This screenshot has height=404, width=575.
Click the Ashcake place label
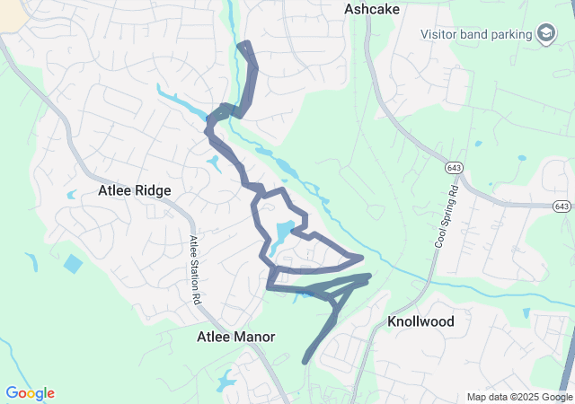coord(371,9)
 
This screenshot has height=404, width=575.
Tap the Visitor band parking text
coord(477,35)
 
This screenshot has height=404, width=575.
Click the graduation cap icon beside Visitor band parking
coord(545,35)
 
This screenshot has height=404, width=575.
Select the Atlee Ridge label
coord(134,190)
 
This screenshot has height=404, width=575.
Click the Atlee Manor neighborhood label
coord(235,337)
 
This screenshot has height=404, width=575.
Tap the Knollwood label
coord(420,321)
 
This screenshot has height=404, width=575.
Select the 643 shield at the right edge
coord(562,206)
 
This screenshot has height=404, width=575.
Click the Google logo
coord(30,393)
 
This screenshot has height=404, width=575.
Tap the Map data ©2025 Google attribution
coord(518,397)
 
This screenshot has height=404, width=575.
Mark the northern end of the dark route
coord(242,43)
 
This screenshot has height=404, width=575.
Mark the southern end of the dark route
coord(305,362)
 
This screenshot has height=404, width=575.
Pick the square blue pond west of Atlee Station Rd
coord(73,264)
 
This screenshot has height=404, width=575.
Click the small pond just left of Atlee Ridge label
coord(72,194)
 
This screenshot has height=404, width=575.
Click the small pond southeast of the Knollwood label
coord(526,312)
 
